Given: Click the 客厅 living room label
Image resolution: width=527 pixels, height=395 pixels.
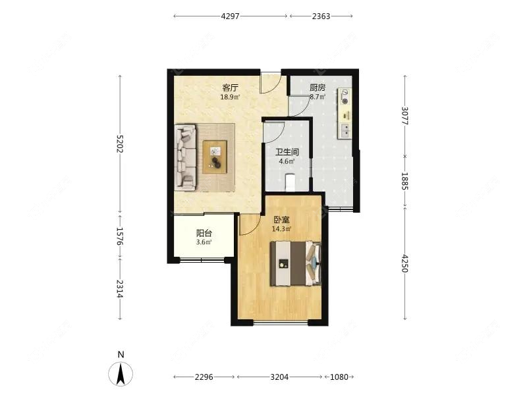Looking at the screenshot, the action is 230,88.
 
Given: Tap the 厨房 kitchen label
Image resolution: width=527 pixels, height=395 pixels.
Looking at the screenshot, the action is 318,88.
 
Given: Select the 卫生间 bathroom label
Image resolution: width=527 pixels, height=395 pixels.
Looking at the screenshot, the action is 287,152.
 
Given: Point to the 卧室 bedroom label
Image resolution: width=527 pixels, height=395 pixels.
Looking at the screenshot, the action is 281,220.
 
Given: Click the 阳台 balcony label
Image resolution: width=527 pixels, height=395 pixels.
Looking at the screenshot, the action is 204,233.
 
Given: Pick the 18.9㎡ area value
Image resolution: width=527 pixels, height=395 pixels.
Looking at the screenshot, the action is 230,97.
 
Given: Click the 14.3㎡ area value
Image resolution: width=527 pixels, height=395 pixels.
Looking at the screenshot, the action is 281,229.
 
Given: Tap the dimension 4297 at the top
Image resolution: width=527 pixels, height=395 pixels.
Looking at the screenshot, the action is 230,16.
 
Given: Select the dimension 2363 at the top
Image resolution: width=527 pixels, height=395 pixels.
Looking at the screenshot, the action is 321,16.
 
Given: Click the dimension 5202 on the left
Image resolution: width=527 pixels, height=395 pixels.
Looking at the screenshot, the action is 120,144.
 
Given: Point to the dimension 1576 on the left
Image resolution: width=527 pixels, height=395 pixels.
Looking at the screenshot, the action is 120,236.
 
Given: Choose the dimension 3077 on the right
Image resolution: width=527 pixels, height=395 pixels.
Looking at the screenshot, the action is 405,116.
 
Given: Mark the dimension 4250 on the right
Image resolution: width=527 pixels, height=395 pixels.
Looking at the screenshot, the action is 405,263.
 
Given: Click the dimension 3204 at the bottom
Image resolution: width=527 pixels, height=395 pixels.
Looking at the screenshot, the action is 279,377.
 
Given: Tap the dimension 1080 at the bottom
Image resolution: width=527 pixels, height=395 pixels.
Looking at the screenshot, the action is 339,377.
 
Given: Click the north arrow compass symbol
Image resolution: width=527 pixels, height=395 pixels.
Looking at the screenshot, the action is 121,373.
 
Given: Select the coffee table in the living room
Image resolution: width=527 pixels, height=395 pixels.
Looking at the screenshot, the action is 215,157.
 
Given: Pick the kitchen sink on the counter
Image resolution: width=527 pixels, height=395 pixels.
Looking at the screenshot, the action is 345,130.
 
